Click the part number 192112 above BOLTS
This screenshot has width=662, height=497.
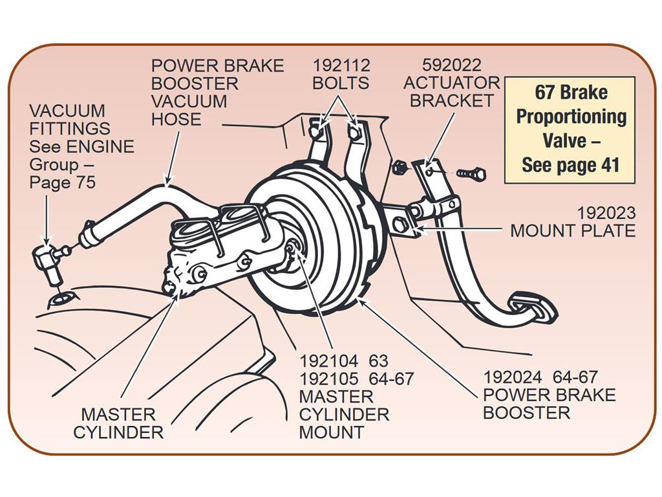point(341,65)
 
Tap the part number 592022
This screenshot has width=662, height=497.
point(451,65)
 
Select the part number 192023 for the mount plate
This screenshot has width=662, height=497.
point(606,213)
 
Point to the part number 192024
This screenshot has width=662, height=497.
point(512,377)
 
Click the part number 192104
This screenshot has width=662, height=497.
point(328,361)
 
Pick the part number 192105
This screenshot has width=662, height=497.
point(328,379)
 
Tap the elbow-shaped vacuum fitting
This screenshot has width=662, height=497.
point(47,263)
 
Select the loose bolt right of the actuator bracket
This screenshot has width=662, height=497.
point(471,173)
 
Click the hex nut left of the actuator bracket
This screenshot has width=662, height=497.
point(399,168)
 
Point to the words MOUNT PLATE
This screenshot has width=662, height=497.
point(573,231)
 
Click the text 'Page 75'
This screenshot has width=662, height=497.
point(63,182)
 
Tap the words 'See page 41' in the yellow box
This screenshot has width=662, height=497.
point(570,165)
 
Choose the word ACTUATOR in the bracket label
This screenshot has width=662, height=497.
point(451,83)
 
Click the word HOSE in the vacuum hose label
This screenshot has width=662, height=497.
point(176,119)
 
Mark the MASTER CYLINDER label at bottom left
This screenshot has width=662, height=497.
point(118,423)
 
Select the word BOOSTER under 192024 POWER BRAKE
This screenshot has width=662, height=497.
point(526,412)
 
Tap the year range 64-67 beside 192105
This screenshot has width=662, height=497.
point(391,379)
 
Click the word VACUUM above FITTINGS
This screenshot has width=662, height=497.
point(67,111)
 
